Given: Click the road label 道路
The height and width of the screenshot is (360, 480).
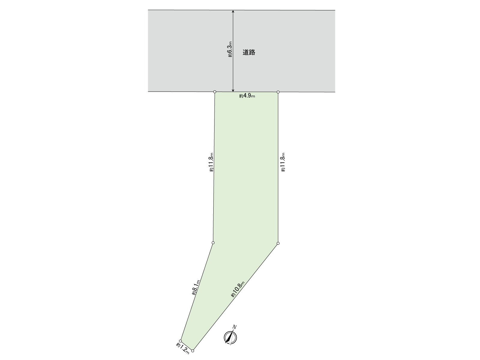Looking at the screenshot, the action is (x=249, y=52).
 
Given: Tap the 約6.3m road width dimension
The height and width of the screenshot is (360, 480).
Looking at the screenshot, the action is (x=230, y=49).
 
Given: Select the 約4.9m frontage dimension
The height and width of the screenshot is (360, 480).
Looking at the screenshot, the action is (x=247, y=96).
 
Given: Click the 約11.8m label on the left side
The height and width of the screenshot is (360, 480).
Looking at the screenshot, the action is (x=211, y=162).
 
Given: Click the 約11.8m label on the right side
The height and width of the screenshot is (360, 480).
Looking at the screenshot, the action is (x=283, y=162).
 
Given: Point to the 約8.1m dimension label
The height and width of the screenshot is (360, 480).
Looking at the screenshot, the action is (x=196, y=287).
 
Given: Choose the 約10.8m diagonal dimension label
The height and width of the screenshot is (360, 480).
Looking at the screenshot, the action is (x=238, y=289).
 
